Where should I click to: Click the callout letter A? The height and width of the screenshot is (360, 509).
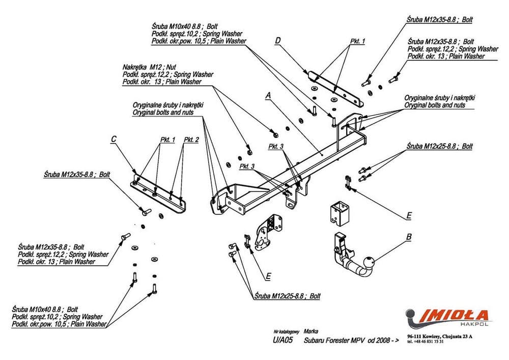click(268, 95)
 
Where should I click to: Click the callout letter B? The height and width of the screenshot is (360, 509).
click(408, 237)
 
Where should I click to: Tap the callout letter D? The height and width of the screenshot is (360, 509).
click(278, 40)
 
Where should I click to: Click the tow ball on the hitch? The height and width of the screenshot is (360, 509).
click(369, 264)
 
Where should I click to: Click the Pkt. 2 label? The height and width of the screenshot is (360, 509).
click(191, 139)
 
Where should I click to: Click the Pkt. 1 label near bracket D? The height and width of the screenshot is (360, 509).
click(358, 41)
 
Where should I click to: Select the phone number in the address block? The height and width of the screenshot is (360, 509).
click(429, 342)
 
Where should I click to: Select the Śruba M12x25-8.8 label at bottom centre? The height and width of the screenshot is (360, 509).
click(289, 296)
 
